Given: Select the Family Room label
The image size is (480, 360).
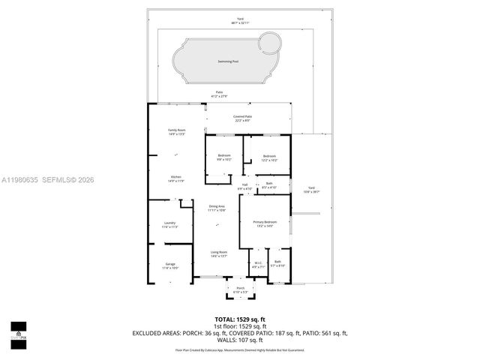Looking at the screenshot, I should [176, 132].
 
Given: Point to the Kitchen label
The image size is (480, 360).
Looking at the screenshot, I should [176, 178].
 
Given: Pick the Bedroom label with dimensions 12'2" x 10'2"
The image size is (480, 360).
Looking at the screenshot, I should [269, 157].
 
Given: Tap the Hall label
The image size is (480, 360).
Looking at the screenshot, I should [244, 186].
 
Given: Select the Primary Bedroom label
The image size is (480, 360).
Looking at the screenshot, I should [265, 223].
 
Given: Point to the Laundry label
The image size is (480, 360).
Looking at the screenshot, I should [169, 224].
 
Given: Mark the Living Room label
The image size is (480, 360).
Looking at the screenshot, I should [218, 254].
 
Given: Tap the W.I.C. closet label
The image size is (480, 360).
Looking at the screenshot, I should [257, 264].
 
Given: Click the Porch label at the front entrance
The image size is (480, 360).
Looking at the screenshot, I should [241, 289].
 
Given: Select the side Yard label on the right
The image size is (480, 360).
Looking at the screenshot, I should [310, 190].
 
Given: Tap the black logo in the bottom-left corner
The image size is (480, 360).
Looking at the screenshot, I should [18, 331].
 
